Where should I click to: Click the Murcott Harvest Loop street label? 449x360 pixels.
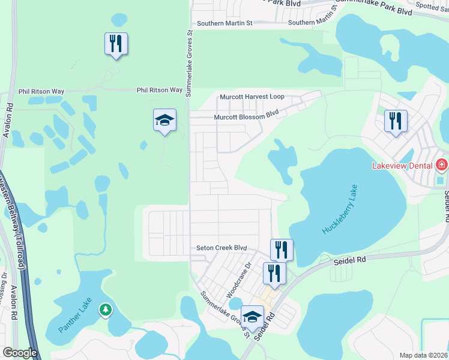pyautogui.click(x=252, y=97)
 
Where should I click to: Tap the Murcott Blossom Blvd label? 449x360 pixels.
pyautogui.click(x=247, y=117)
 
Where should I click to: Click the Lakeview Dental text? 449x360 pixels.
pyautogui.click(x=403, y=164)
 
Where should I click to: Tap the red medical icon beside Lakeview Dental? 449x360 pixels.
pyautogui.click(x=442, y=164)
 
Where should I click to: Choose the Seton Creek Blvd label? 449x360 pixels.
pyautogui.click(x=222, y=248)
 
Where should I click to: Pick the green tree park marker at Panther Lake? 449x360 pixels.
pyautogui.click(x=106, y=310)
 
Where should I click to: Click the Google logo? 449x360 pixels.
pyautogui.click(x=20, y=353)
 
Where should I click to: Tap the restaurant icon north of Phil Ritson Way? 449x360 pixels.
pyautogui.click(x=116, y=43)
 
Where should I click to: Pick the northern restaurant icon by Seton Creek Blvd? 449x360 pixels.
pyautogui.click(x=282, y=249)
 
